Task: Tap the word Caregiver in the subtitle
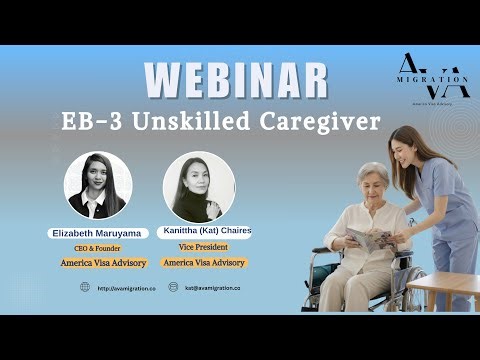click(x=324, y=122)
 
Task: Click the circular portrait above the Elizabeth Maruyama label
click(x=98, y=186)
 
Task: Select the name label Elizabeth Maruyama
click(x=98, y=233)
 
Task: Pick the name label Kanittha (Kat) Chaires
click(x=206, y=230)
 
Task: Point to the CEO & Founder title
click(x=99, y=249)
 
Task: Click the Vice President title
click(x=206, y=246)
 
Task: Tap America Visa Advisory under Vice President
click(x=206, y=262)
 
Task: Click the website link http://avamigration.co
click(x=126, y=288)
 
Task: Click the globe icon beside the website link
click(x=85, y=287)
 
